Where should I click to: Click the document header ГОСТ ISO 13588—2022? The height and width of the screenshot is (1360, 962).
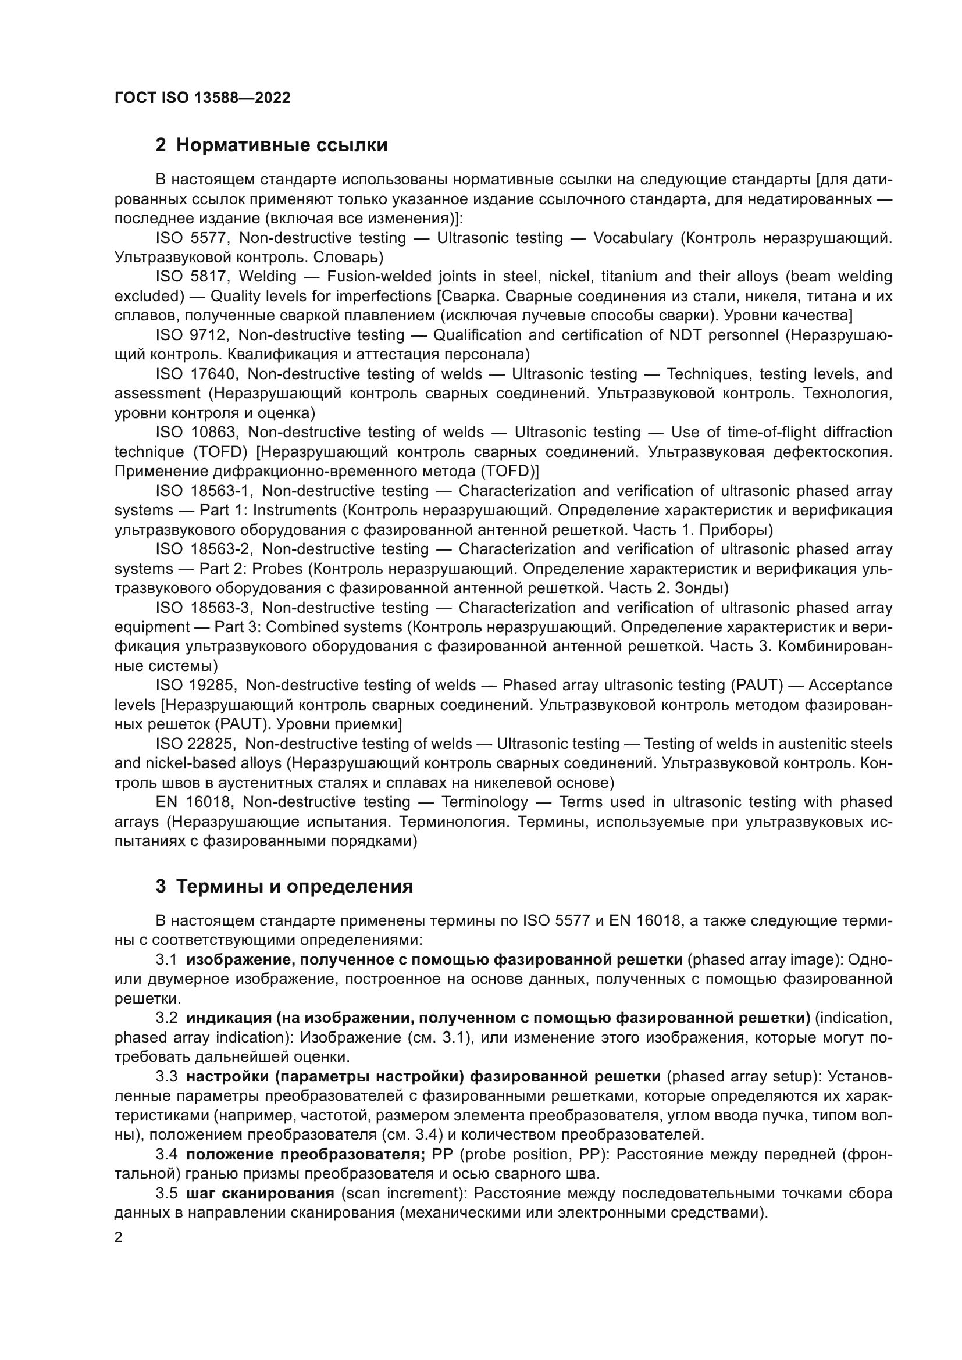click(202, 98)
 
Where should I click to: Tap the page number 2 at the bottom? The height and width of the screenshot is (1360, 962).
click(119, 1237)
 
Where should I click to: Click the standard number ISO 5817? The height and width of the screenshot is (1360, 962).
click(191, 277)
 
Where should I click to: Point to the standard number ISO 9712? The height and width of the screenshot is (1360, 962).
click(191, 335)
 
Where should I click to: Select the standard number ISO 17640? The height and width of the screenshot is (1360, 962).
click(196, 374)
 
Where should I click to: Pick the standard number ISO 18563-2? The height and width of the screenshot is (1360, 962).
click(204, 549)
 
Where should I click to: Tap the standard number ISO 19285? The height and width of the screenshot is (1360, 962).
click(196, 686)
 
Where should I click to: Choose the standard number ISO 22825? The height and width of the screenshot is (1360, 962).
click(195, 744)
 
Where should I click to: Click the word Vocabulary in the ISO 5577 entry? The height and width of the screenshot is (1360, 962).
click(633, 238)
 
